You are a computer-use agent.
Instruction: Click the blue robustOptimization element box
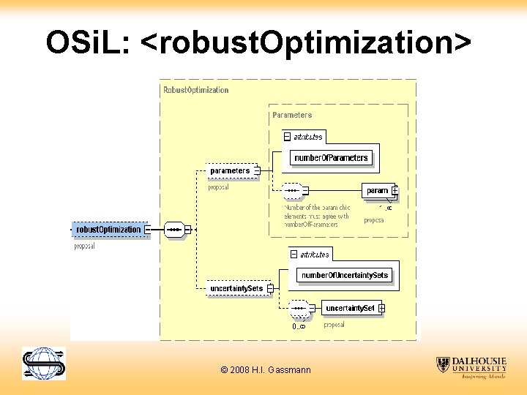108,230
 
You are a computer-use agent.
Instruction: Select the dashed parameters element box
230,171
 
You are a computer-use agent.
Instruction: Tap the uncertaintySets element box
236,289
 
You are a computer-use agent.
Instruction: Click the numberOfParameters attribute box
332,158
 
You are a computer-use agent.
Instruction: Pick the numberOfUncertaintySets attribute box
345,275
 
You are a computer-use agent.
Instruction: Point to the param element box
377,191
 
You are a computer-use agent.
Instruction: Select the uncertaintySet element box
350,309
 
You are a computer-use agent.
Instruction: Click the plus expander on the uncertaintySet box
381,309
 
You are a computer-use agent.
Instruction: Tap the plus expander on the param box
395,191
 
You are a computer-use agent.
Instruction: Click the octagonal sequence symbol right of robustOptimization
174,230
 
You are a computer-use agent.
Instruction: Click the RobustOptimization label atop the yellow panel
195,90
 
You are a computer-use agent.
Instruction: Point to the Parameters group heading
292,115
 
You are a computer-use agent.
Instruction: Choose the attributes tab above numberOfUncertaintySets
314,255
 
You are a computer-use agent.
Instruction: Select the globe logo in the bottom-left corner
43,364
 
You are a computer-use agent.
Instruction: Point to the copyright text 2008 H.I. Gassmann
265,370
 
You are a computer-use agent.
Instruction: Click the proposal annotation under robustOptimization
85,247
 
